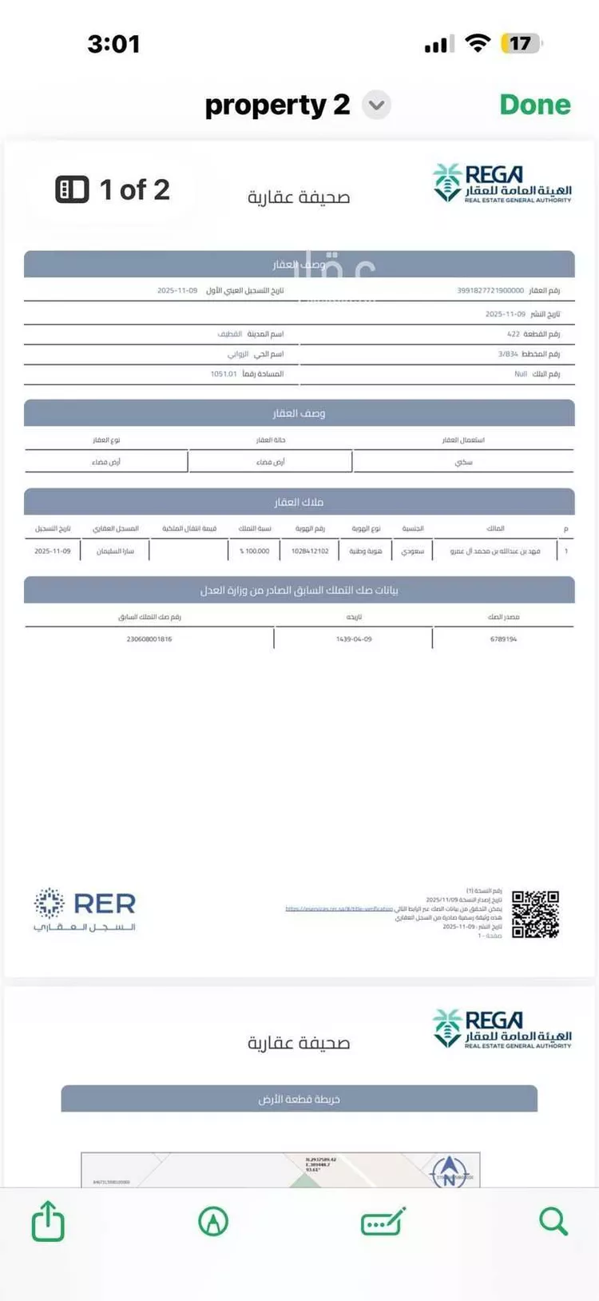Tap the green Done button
[x=534, y=105]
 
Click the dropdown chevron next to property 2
[x=376, y=105]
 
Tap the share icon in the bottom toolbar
[x=48, y=1221]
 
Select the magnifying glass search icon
[x=553, y=1221]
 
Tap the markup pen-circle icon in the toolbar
[x=213, y=1221]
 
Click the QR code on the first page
[x=535, y=914]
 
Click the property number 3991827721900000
[x=490, y=291]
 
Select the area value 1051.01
[x=224, y=374]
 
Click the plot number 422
[x=514, y=334]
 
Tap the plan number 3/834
[x=508, y=354]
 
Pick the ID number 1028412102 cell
[x=310, y=551]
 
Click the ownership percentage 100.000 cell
[x=255, y=551]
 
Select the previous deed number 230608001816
[x=149, y=639]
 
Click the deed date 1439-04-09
[x=354, y=639]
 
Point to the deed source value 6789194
[x=503, y=639]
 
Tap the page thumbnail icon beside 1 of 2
[x=72, y=190]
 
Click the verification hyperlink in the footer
[x=339, y=909]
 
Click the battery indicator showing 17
[x=521, y=44]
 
